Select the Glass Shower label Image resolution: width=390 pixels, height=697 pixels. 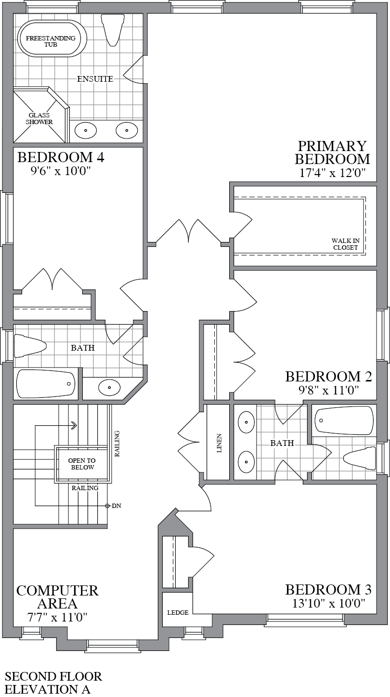pos(39,119)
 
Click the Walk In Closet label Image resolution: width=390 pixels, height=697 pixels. pos(345,244)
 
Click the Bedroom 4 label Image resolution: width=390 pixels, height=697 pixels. pos(61,157)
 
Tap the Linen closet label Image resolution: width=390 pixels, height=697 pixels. pos(220,444)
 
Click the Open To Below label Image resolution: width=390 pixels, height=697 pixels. pos(82,464)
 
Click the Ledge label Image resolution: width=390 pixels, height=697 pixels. pos(178,612)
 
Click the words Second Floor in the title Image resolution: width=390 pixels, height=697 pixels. pos(53,676)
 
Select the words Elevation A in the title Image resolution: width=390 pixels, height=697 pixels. pos(47,689)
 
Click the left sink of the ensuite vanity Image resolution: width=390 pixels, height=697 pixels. pos(87,130)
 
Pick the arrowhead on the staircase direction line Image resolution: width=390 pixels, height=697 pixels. pos(74,425)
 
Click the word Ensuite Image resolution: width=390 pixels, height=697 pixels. pos(95,79)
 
